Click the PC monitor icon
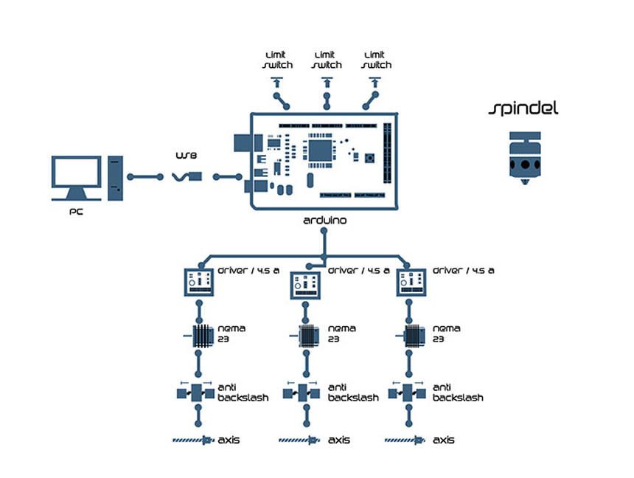[76, 177]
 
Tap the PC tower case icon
[114, 177]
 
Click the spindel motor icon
[524, 157]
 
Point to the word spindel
[524, 109]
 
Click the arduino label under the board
[324, 220]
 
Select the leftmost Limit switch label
[277, 60]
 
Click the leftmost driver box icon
[198, 282]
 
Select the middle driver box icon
[304, 285]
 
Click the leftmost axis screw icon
[193, 440]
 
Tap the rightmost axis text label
[443, 440]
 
